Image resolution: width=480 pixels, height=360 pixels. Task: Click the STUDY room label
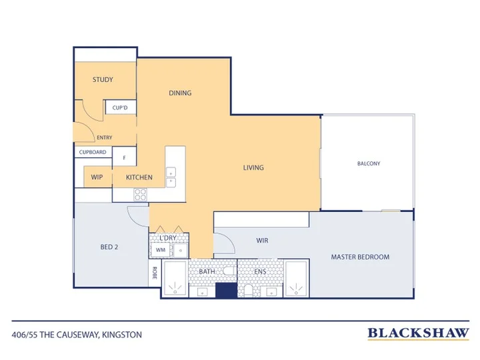(x=103, y=79)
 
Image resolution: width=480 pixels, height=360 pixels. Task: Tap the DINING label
(x=180, y=93)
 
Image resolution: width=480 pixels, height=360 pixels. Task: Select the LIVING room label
(x=253, y=168)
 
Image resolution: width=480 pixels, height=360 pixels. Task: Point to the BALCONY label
(x=369, y=163)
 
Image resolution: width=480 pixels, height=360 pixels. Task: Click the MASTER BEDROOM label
(x=360, y=257)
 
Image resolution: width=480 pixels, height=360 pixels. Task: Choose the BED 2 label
(x=109, y=247)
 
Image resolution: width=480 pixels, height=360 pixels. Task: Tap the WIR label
(x=263, y=241)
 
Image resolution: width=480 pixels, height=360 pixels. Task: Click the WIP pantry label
(x=97, y=177)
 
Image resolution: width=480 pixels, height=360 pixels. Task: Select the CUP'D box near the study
(x=121, y=107)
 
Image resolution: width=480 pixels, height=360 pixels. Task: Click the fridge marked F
(x=124, y=157)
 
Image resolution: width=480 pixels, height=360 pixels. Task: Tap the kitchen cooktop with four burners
(x=140, y=195)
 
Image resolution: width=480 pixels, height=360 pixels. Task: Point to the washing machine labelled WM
(x=161, y=250)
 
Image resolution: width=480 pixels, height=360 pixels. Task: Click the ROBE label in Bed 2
(x=155, y=273)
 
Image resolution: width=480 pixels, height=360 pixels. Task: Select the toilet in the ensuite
(x=248, y=291)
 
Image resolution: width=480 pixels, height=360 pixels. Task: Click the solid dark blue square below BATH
(x=227, y=290)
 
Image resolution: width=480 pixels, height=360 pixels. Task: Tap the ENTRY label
(x=105, y=138)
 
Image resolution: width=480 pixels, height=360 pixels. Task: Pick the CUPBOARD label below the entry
(x=93, y=152)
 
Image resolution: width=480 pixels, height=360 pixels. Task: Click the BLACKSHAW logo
(x=418, y=333)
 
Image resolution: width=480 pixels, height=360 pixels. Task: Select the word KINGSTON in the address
(x=122, y=335)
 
